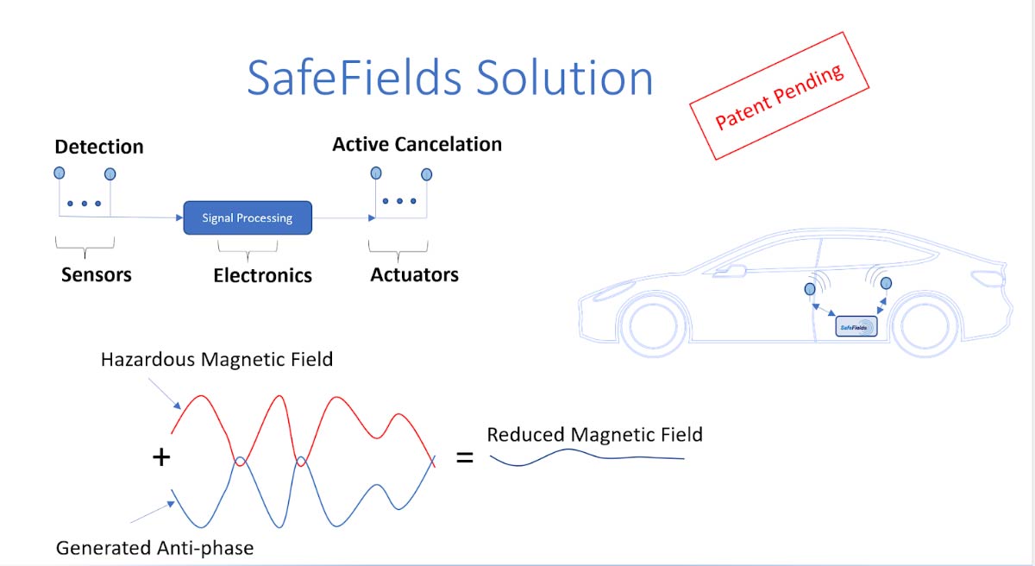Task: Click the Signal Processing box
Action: [248, 217]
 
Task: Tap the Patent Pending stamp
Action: [779, 96]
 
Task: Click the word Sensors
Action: [97, 274]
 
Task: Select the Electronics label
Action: [262, 275]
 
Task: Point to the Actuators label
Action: [415, 274]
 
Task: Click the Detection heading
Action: [99, 147]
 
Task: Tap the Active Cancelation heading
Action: [417, 144]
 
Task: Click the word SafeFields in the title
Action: [354, 77]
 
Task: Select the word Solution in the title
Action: [564, 77]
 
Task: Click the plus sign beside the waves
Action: [161, 457]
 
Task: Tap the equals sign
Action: [464, 458]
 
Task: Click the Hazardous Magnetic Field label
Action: [216, 360]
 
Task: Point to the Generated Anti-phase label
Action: [154, 548]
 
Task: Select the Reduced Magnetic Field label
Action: [594, 434]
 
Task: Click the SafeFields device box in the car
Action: [856, 326]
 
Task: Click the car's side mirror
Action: [730, 272]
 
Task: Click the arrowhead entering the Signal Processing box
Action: [179, 217]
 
